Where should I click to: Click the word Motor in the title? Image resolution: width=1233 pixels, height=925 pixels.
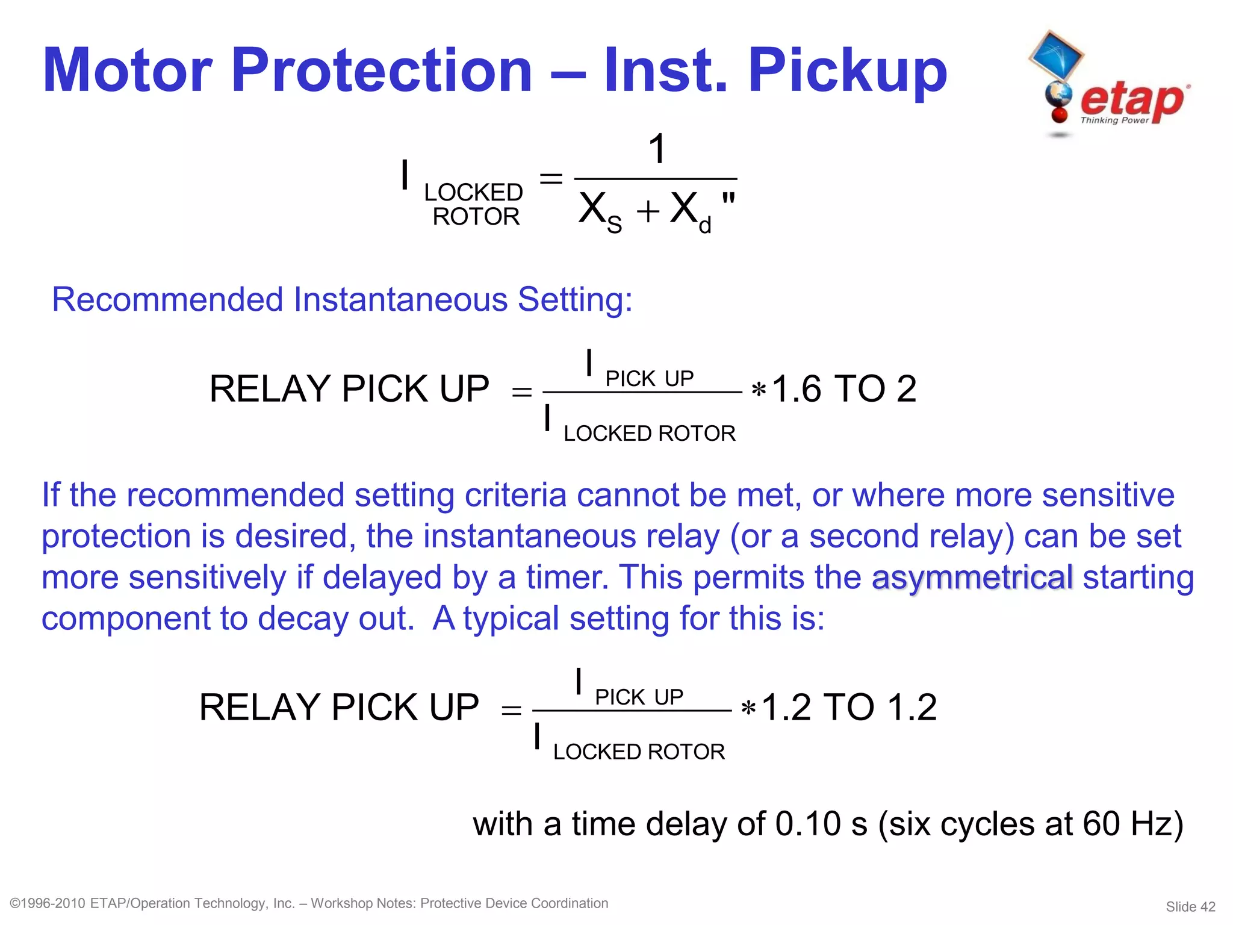(128, 71)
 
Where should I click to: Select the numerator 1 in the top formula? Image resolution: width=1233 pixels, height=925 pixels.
(657, 149)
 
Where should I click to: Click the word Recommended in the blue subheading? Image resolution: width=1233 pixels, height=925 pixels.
(167, 299)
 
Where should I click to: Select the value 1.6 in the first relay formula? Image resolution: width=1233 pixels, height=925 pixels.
(796, 389)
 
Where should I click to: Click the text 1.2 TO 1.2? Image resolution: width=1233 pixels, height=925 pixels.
(849, 707)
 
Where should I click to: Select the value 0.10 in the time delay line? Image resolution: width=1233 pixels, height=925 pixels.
(807, 824)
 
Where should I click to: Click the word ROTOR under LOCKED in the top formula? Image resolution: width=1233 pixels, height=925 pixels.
(476, 217)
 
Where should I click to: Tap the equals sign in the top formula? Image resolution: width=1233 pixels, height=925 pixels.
(550, 178)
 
